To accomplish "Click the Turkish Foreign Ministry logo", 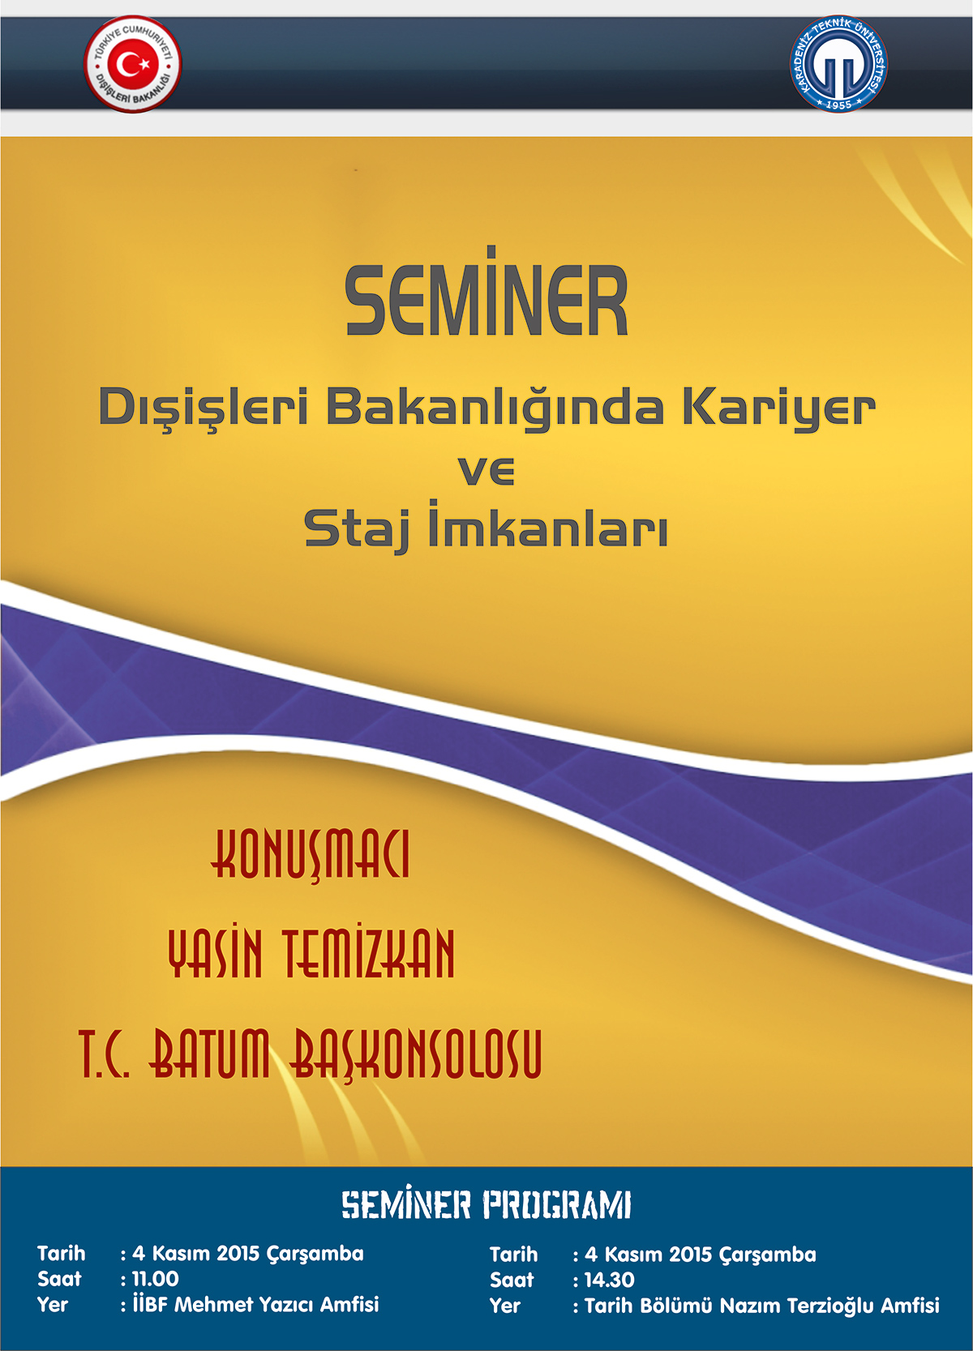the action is [133, 63].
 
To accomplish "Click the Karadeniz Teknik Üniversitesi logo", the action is [838, 63].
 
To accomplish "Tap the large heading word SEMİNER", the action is [486, 291].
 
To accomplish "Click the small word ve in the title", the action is [486, 471].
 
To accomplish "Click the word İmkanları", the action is [548, 524].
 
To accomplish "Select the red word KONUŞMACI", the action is [310, 855].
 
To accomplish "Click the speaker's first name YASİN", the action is [216, 953].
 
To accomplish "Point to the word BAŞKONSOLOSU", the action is [417, 1054].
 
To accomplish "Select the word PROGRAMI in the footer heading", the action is [557, 1206].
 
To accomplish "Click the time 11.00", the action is [156, 1279].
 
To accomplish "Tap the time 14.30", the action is [610, 1280].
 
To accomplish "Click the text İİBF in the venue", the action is [150, 1304].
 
